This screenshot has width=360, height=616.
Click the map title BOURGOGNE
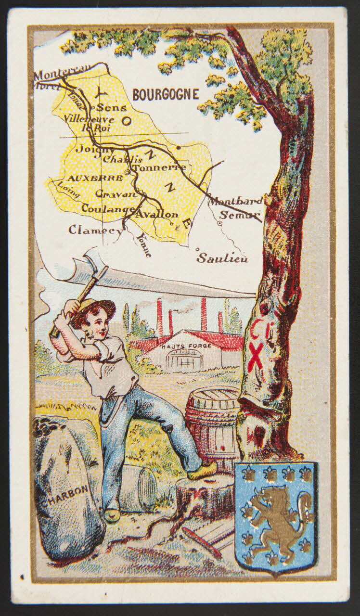(x=166, y=94)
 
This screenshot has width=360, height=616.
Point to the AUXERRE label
(x=89, y=178)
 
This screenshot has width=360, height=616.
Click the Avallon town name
(x=157, y=214)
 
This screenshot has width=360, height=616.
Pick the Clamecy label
(x=95, y=230)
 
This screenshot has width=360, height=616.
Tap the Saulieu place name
(x=222, y=258)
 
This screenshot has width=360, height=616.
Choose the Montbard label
(x=235, y=201)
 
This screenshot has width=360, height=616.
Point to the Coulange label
(x=107, y=209)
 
